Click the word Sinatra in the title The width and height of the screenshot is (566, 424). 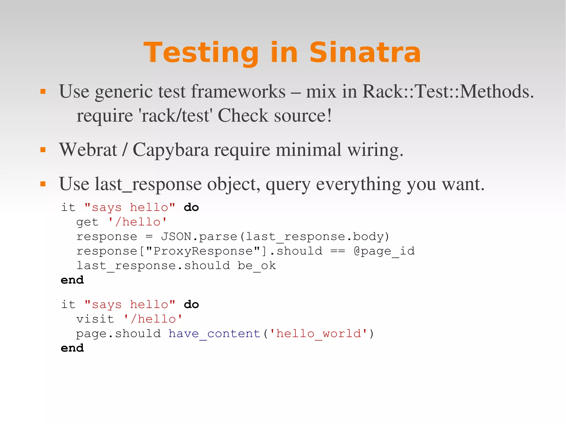(365, 52)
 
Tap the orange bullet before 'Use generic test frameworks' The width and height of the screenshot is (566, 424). (43, 91)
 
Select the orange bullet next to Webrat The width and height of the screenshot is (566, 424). (43, 150)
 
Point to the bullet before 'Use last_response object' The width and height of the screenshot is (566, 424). (43, 184)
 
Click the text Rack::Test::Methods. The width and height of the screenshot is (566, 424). (448, 91)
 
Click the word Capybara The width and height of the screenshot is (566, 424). (171, 150)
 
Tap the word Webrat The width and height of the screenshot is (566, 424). (88, 150)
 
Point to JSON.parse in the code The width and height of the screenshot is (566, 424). (199, 236)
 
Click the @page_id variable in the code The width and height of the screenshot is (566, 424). (384, 251)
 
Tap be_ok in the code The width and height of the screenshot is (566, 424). (256, 266)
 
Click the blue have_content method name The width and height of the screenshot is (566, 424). (214, 334)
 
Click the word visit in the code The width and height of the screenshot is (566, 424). (95, 319)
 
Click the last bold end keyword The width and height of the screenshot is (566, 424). (72, 348)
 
